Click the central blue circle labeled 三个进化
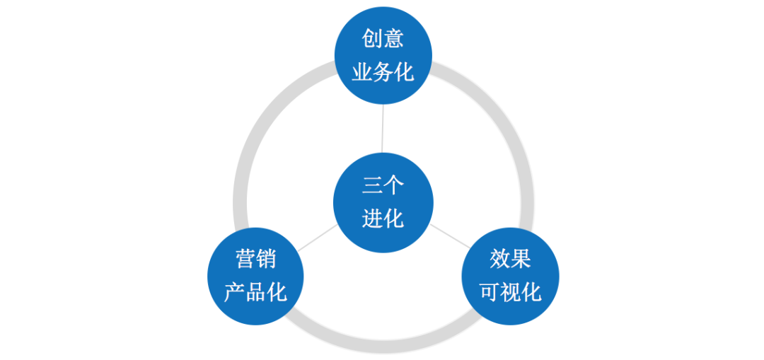click(x=383, y=202)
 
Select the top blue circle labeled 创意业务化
click(x=383, y=55)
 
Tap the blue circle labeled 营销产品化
click(x=255, y=276)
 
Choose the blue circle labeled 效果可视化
click(x=510, y=276)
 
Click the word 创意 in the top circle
click(x=383, y=38)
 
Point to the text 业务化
click(x=383, y=72)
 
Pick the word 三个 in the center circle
click(x=383, y=185)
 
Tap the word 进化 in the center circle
click(x=383, y=219)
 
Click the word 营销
click(x=255, y=259)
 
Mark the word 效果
click(x=510, y=259)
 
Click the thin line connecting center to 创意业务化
click(x=383, y=129)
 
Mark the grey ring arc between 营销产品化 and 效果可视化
click(x=383, y=344)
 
